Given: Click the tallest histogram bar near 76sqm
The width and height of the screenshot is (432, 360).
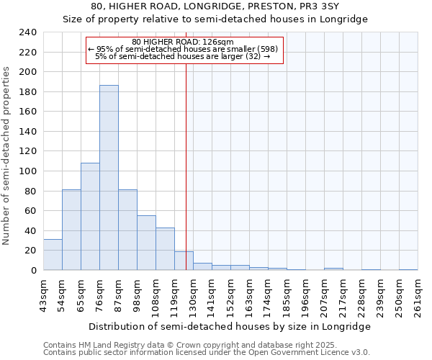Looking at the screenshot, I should coord(109,178).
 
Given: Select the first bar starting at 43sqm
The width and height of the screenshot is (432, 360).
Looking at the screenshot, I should coord(53,255).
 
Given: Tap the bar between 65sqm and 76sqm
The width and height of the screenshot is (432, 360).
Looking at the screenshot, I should coord(90,216).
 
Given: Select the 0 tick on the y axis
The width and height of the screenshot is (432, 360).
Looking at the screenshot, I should coord(33,270).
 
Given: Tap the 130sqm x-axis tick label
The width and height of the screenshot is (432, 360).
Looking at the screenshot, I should coord(193,294).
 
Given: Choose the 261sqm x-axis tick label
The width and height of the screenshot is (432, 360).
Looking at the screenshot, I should coord(418,294).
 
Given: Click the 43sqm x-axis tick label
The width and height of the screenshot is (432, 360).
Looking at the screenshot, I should coord(43,294).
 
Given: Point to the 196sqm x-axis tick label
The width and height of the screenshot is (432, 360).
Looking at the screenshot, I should coord(305,294).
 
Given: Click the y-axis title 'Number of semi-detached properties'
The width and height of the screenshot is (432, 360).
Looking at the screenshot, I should coord(7,156).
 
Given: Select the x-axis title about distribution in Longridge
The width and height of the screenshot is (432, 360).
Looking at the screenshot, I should coord(230,326).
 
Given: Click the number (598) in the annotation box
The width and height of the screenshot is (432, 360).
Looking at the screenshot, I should coord(274,49).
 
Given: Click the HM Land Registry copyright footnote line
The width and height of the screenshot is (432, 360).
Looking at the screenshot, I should coord(196,345).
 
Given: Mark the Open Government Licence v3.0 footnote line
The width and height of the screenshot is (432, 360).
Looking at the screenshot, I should coord(207,352).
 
